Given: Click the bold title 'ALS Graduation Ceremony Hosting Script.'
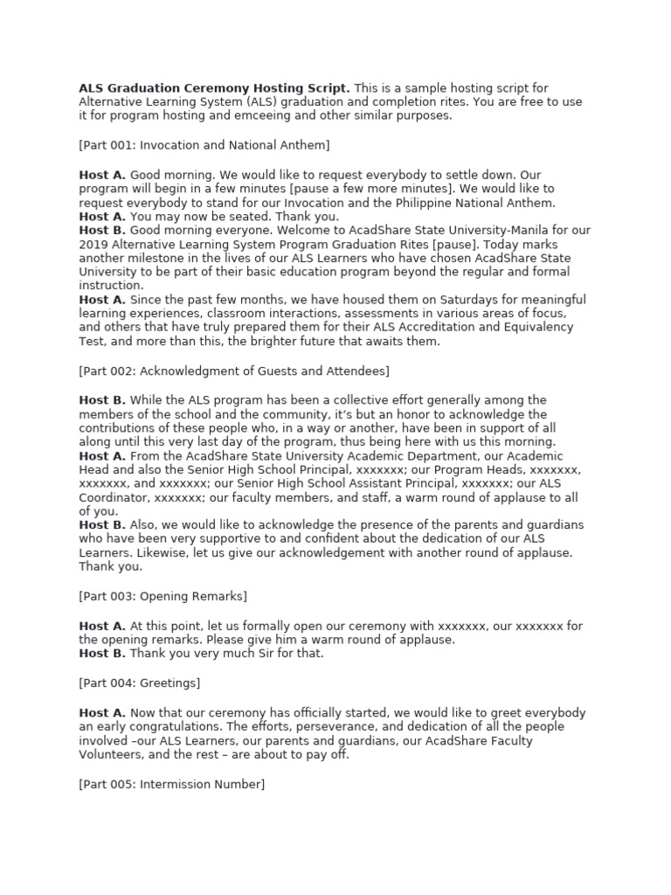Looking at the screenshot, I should (214, 88).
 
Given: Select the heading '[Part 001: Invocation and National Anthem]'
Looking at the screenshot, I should (204, 145).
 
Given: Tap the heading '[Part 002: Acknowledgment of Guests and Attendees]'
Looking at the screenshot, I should (234, 371).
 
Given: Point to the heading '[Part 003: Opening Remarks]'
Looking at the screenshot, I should (163, 596).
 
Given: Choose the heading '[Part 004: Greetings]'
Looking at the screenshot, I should (140, 683).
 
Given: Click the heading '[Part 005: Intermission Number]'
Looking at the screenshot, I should (171, 784).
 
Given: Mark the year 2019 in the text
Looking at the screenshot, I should (93, 245).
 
